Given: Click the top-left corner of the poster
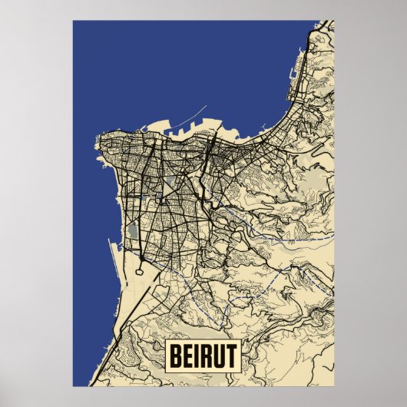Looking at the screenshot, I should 73,21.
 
